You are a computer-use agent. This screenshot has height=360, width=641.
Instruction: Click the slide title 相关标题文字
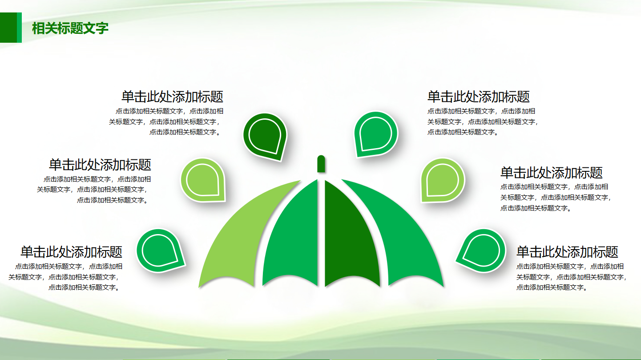click(x=70, y=28)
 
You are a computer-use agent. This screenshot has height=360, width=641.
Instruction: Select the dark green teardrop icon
click(x=265, y=135)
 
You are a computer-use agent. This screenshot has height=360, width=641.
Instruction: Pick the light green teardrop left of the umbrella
click(x=202, y=180)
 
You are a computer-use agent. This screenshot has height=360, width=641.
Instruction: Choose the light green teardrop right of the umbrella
click(x=442, y=180)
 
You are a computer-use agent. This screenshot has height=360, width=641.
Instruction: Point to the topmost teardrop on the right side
click(x=375, y=133)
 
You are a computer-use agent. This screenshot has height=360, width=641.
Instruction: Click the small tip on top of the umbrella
click(x=321, y=164)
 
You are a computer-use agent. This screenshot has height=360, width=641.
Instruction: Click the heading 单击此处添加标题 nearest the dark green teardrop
click(x=172, y=97)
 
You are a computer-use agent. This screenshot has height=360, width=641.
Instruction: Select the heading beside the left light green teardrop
click(x=100, y=165)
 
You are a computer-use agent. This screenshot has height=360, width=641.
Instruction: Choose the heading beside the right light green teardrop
click(x=551, y=172)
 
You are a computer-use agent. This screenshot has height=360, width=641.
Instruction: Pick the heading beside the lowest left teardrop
click(x=71, y=252)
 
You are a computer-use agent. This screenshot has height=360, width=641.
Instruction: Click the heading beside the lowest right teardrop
click(x=567, y=252)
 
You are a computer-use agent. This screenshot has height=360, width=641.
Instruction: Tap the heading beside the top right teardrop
click(x=479, y=97)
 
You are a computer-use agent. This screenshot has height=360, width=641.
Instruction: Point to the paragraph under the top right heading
click(x=483, y=121)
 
